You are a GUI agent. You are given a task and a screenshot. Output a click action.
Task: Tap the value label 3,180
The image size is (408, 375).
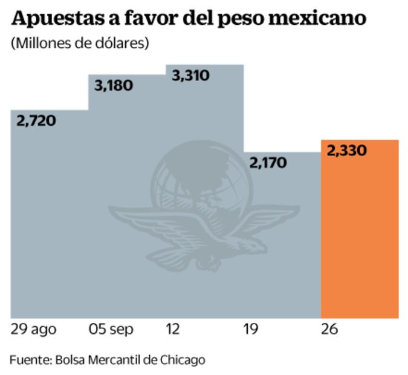(114, 85)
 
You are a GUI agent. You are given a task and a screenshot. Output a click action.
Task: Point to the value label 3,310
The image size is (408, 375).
(190, 76)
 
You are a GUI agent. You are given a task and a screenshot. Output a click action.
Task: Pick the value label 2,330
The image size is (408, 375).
(346, 151)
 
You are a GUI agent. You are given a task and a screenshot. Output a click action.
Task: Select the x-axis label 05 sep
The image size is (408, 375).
(112, 330)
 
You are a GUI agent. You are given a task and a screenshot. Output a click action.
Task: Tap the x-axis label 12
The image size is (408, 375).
(173, 330)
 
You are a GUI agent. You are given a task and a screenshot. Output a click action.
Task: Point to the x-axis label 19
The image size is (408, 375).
(250, 330)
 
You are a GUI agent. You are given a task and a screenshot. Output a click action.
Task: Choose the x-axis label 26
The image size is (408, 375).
(329, 330)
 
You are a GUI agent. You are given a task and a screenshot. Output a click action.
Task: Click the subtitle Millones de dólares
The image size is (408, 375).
(79, 44)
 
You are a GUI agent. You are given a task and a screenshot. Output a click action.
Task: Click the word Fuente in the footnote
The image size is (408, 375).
(30, 360)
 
